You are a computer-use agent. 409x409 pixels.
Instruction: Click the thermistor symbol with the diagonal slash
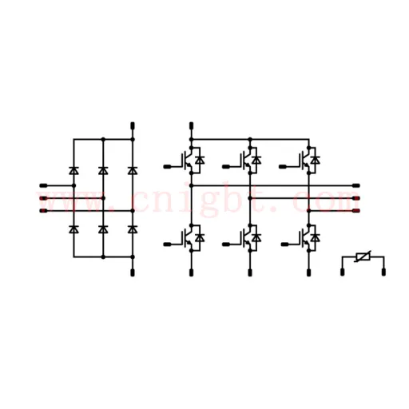pos(363,257)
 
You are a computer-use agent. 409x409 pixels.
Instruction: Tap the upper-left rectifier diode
pos(73,170)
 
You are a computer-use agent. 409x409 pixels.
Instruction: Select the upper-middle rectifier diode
pos(103,170)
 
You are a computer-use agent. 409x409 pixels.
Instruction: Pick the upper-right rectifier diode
pos(133,170)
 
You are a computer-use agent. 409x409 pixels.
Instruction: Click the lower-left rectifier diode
pos(73,229)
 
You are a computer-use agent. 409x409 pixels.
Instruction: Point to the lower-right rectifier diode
pos(133,229)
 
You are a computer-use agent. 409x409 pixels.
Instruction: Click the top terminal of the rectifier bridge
pos(133,125)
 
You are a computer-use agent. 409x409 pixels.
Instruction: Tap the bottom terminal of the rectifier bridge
pos(133,272)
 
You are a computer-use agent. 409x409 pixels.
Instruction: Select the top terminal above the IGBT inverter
pos(191,125)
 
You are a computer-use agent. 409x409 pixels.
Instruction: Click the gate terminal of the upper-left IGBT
pos(167,167)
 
